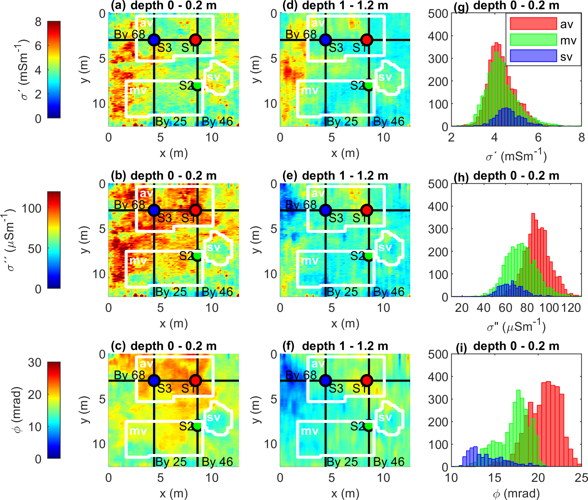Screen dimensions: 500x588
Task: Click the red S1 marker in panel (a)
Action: [x=195, y=40]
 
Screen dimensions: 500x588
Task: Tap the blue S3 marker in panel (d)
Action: [x=325, y=40]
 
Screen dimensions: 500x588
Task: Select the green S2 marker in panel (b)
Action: [x=197, y=255]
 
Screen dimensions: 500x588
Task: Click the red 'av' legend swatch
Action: [x=533, y=24]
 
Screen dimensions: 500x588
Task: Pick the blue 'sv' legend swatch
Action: [x=533, y=56]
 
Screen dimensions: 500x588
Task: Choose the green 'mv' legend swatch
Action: [x=533, y=40]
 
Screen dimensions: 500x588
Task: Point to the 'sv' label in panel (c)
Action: [x=214, y=417]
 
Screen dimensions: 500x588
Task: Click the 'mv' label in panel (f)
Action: [x=309, y=431]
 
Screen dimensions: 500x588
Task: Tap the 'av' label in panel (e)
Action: [x=318, y=193]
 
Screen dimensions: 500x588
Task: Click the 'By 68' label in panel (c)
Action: [x=129, y=375]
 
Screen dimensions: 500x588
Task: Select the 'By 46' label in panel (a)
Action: [x=217, y=121]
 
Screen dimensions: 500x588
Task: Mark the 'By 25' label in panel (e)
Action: [x=342, y=292]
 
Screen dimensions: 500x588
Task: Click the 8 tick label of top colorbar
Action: [x=38, y=22]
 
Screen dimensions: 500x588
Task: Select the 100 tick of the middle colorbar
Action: [x=32, y=209]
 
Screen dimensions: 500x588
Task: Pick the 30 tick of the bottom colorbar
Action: [x=35, y=363]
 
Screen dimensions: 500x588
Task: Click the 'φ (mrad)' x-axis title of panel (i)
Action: [x=516, y=493]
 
